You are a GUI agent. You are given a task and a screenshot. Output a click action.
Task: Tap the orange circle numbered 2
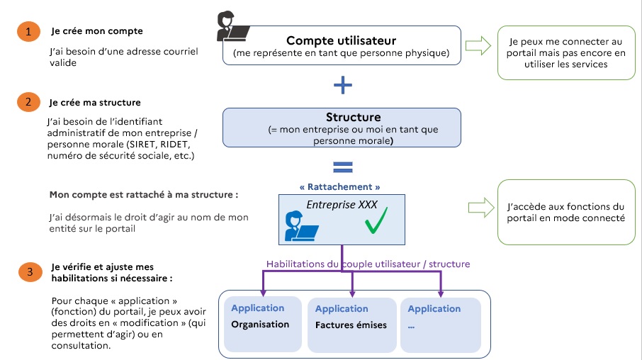tap(27, 102)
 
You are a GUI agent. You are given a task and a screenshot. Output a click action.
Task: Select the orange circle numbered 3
tap(27, 271)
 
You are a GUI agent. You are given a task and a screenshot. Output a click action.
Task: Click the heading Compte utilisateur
tap(341, 40)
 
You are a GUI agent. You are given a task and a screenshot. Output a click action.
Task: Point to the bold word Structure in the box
tap(353, 117)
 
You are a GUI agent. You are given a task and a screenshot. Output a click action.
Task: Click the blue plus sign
tap(343, 85)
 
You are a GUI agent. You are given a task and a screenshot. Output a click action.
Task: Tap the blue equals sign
tap(343, 167)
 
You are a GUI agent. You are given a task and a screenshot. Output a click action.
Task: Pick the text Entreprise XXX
tap(342, 206)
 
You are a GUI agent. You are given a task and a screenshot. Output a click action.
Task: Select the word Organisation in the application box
tap(260, 325)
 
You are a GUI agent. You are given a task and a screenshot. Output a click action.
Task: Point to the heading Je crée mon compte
tap(97, 31)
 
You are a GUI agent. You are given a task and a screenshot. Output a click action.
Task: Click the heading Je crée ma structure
tap(96, 102)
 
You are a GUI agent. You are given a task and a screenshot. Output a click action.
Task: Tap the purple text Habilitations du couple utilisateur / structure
tap(368, 264)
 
